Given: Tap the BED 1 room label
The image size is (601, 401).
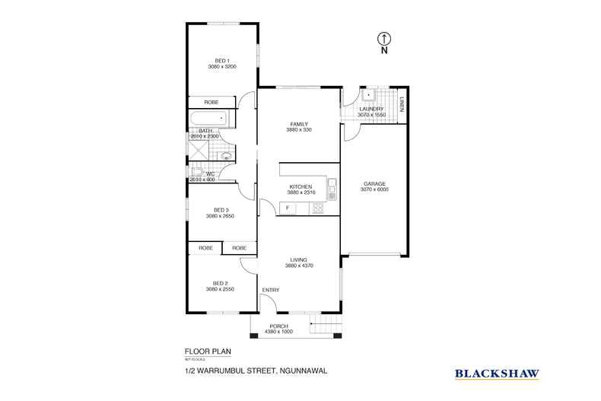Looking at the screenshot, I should tap(222, 61).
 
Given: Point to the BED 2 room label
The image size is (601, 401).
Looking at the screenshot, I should tap(221, 283).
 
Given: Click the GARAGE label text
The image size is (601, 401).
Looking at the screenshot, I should tap(374, 184).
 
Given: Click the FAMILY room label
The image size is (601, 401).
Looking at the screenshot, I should tap(299, 124).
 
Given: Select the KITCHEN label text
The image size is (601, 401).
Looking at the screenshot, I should tap(299, 187).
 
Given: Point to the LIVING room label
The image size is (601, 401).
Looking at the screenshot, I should tap(299, 260).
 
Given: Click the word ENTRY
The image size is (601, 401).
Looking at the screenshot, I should tap(271, 290).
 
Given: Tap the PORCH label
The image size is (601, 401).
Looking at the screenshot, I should tap(278, 326).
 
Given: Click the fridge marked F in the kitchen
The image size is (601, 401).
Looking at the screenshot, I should tap(288, 208).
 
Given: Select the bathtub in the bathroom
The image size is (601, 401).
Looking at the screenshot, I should tap(208, 119).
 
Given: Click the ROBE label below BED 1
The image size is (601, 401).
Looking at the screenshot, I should tap(211, 102).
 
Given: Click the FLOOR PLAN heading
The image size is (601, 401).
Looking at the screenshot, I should tap(208, 351).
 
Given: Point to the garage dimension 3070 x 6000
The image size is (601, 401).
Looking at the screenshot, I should tap(374, 190).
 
